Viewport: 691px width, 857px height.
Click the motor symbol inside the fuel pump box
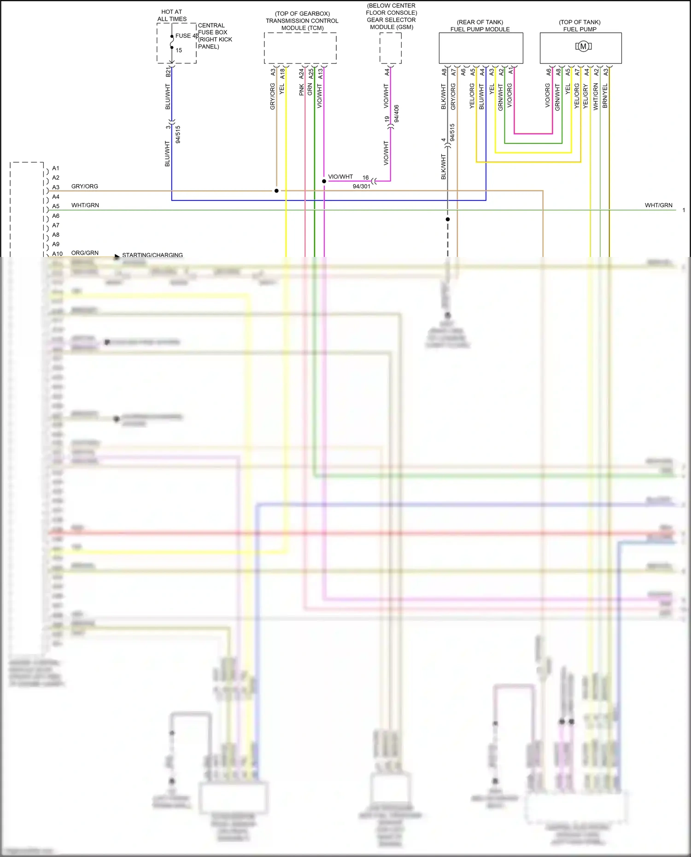(x=583, y=46)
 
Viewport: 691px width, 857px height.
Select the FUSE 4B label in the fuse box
(x=187, y=35)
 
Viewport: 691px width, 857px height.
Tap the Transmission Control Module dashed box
(x=300, y=48)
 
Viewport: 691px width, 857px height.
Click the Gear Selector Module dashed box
(x=390, y=48)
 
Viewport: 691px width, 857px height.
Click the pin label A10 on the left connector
(x=57, y=254)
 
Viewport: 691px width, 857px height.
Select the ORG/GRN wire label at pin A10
(x=85, y=253)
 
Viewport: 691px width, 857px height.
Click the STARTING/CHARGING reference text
(x=152, y=255)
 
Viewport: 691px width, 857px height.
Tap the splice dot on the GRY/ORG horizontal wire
(x=276, y=191)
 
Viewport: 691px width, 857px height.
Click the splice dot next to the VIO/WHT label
(x=324, y=181)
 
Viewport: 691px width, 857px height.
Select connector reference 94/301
(x=361, y=187)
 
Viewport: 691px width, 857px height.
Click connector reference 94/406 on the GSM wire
(x=397, y=113)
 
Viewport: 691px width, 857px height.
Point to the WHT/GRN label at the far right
(x=658, y=205)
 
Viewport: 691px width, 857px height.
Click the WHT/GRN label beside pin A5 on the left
(x=85, y=205)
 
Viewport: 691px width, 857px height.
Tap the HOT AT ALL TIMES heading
(x=172, y=15)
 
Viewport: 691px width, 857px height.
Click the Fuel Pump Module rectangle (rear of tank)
(x=480, y=48)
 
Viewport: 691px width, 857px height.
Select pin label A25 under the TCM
(x=311, y=73)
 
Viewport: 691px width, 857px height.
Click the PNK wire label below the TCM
(x=301, y=90)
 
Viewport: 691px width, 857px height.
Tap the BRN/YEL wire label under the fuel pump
(x=605, y=96)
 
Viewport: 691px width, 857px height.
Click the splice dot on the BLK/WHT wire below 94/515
(x=447, y=219)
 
